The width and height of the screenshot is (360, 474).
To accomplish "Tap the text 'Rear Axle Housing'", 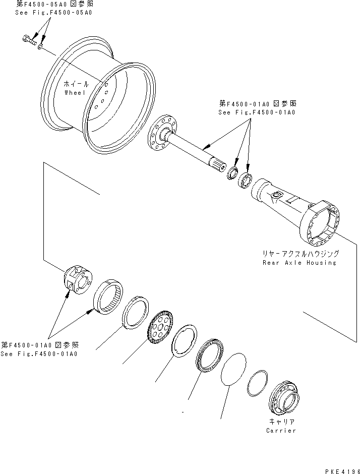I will [x=299, y=263].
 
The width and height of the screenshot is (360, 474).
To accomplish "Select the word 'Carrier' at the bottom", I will [x=281, y=430].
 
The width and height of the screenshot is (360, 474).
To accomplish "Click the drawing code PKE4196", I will [x=339, y=470].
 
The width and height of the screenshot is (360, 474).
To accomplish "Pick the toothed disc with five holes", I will [x=160, y=328].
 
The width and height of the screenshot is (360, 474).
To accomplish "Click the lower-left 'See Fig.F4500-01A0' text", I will [x=39, y=353].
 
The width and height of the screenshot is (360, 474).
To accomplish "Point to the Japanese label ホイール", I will [x=76, y=84].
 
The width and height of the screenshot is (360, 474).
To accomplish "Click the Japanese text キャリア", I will [x=281, y=421].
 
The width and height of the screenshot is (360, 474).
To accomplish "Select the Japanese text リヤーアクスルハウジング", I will [x=299, y=254].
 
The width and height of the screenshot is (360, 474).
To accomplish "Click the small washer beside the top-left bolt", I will [x=41, y=46].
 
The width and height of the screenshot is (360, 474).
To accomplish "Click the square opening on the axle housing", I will [x=276, y=195].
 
